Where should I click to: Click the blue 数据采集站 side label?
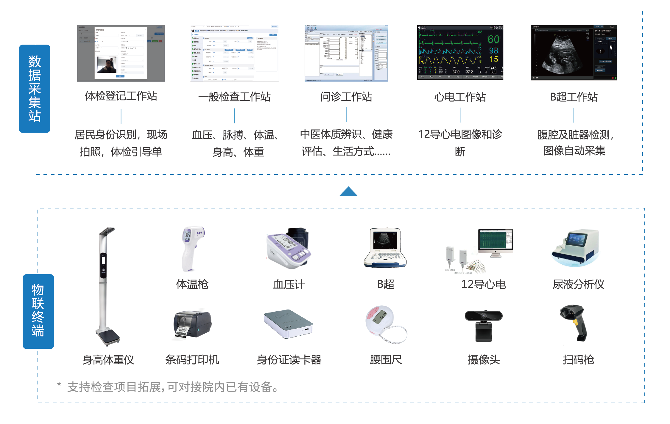tap(35, 89)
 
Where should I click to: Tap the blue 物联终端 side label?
tap(38, 311)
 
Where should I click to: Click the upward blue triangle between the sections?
tap(348, 192)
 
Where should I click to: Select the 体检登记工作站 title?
tap(121, 96)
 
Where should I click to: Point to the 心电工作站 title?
tap(460, 97)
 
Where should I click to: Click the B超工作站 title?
tap(574, 97)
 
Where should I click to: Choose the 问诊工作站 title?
tap(346, 97)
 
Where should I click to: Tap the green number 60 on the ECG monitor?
tap(493, 40)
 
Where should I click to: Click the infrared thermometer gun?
tap(192, 248)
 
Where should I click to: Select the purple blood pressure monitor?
tap(290, 248)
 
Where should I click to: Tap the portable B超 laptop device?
tap(386, 248)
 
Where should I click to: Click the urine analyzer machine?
tap(575, 248)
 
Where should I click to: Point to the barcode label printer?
tap(193, 324)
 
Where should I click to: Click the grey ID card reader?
tap(289, 324)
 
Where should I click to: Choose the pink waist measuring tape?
tap(386, 324)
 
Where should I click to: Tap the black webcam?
tap(484, 326)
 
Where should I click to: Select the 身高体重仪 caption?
tap(108, 360)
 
